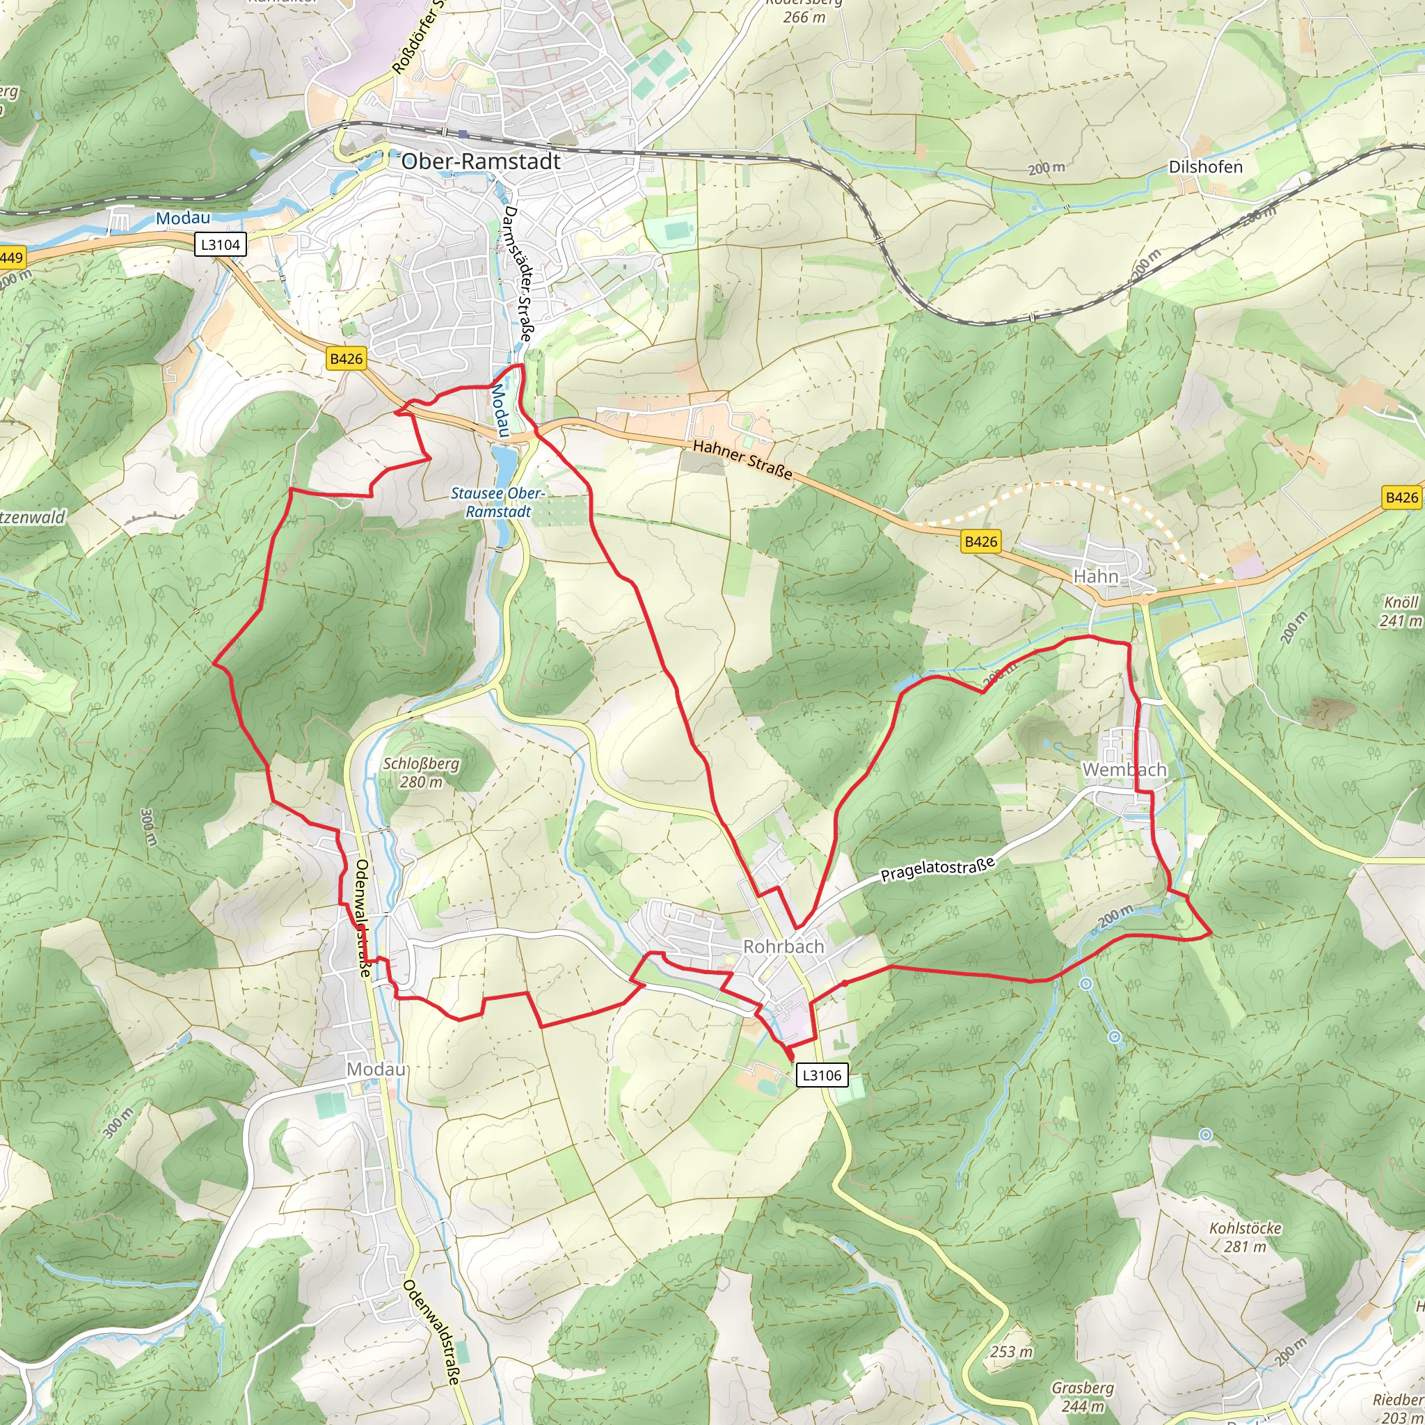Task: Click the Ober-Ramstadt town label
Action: pos(481,161)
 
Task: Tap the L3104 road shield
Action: pos(220,245)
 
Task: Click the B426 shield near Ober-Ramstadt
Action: pos(346,359)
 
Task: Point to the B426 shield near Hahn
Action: pos(980,542)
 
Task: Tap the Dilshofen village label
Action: pos(1205,168)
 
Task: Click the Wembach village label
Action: pos(1124,770)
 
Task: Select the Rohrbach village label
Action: pos(783,946)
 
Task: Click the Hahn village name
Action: pos(1095,576)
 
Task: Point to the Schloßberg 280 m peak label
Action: pos(421,773)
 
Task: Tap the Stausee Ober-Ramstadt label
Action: pos(498,502)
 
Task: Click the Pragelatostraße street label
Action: pos(937,870)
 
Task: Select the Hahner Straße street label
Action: pos(742,459)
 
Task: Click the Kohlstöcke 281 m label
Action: pos(1245,1237)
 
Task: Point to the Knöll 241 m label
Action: pos(1401,612)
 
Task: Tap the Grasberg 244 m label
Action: pos(1082,1397)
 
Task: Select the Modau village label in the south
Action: pos(376,1069)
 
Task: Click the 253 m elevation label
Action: pos(1011,1352)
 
